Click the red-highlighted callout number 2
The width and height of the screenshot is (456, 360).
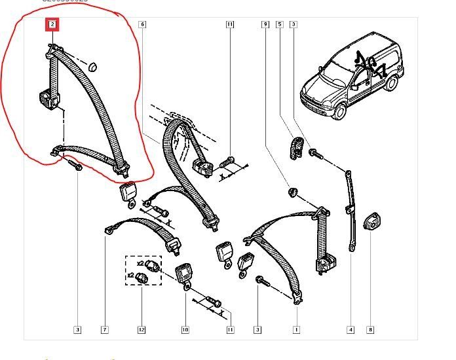click(52, 26)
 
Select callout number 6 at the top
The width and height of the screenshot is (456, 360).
click(142, 26)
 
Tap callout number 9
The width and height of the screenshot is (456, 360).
click(265, 26)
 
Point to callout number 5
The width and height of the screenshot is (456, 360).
click(279, 26)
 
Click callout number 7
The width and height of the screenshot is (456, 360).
click(105, 329)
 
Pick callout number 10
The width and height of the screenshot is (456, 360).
click(185, 329)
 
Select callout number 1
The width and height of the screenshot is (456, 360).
click(296, 329)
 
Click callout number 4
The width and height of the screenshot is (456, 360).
click(351, 329)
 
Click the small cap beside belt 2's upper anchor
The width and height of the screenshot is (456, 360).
click(92, 65)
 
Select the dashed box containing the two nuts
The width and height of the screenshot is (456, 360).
click(143, 270)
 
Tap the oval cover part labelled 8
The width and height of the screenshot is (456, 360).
click(370, 223)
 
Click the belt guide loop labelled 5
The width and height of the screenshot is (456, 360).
click(296, 146)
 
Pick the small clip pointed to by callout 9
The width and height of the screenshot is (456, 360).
click(292, 192)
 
